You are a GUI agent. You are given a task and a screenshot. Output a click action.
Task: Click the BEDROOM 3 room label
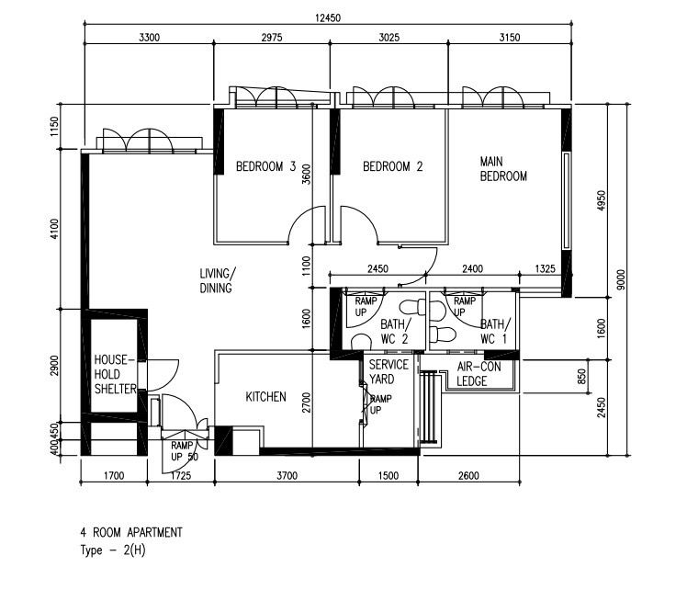(265, 166)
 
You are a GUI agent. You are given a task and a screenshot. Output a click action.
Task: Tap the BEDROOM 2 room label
(392, 166)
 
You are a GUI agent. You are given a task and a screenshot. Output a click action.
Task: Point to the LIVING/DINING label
(218, 280)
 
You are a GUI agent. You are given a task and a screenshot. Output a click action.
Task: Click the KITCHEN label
(265, 397)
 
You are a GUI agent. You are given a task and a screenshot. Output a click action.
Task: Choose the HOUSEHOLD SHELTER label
(115, 374)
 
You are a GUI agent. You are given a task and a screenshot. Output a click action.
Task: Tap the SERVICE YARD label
(389, 371)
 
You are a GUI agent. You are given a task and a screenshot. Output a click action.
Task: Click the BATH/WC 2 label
(395, 332)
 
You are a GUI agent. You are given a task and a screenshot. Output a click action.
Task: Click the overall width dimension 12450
(328, 17)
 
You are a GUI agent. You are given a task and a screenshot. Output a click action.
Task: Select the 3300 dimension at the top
(149, 38)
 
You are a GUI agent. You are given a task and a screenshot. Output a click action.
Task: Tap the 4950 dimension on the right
(602, 199)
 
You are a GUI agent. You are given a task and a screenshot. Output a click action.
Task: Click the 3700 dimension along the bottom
(287, 475)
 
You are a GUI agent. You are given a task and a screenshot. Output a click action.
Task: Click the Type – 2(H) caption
(113, 550)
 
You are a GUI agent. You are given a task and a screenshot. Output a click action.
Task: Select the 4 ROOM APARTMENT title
(131, 532)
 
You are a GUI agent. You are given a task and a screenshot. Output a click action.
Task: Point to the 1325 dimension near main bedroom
(545, 268)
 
